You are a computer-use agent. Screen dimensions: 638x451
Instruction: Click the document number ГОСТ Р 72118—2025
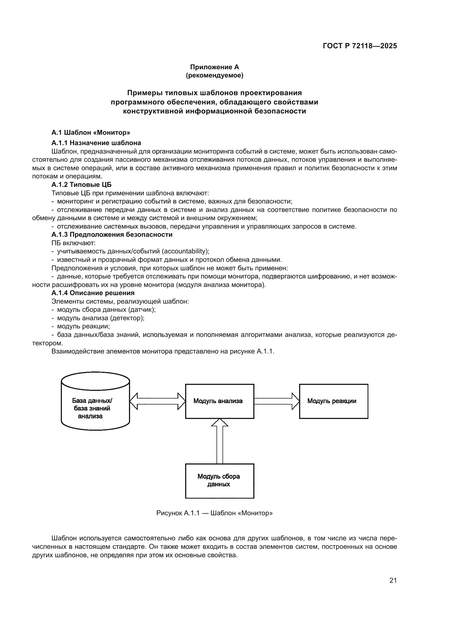click(x=360, y=46)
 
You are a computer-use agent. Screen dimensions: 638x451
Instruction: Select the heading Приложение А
click(x=214, y=67)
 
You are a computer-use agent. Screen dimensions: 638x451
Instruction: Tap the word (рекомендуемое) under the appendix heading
click(x=214, y=76)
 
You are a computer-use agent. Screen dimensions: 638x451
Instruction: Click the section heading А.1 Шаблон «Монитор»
click(x=91, y=133)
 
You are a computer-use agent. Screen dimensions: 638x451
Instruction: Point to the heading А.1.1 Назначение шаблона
click(x=96, y=143)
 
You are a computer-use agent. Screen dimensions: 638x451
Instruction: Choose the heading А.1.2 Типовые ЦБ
click(x=81, y=185)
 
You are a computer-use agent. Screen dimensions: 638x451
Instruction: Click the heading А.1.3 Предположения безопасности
click(x=112, y=235)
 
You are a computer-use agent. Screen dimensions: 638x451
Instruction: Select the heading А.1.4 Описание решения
click(x=93, y=293)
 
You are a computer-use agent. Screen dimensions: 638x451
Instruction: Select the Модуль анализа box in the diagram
click(x=220, y=401)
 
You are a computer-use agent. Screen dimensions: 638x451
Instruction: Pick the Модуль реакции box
click(x=333, y=401)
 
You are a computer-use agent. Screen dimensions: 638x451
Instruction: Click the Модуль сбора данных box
click(x=220, y=481)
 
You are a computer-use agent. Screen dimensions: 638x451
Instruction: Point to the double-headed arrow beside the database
click(x=157, y=401)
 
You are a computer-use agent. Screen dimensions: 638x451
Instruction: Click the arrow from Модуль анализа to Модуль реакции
click(x=276, y=401)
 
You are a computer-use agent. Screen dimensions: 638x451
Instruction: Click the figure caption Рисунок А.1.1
click(x=214, y=513)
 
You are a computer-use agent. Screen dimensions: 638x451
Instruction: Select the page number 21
click(x=393, y=580)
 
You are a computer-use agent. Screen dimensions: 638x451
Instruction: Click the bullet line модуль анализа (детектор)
click(x=101, y=318)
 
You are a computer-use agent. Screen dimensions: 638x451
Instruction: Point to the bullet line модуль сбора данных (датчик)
click(x=106, y=310)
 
